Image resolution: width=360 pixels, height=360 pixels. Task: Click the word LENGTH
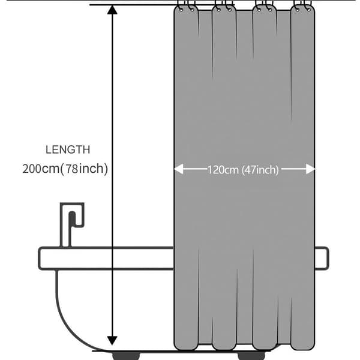(x=68, y=149)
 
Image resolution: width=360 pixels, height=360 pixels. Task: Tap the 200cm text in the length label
(x=41, y=169)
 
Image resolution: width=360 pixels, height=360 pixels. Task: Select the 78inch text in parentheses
(x=84, y=169)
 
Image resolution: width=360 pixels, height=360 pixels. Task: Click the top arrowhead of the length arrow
(x=112, y=10)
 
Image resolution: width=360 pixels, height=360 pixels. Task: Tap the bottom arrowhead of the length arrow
(x=112, y=340)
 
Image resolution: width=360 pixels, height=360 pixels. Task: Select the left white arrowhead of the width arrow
(x=179, y=169)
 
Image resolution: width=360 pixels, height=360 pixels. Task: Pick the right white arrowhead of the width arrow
(x=310, y=169)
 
